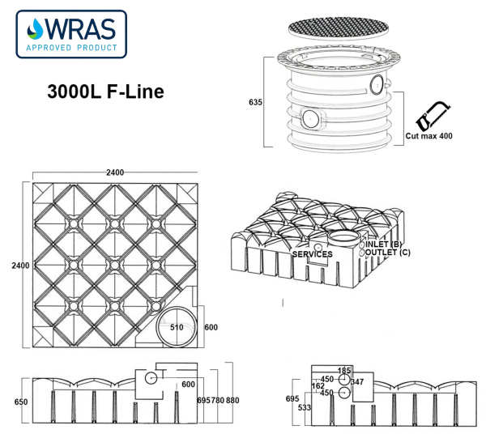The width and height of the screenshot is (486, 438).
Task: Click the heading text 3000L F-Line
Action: [105, 91]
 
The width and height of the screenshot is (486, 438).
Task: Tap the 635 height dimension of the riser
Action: [255, 102]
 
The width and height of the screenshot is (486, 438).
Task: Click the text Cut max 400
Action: [429, 135]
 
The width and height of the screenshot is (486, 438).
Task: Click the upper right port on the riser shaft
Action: [377, 84]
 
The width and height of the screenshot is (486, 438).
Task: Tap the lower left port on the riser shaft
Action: [310, 118]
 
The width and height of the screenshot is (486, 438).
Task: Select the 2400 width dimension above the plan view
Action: [115, 172]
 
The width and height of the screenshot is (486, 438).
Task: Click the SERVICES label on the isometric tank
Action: [313, 254]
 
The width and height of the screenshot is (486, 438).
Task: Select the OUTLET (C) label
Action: [386, 253]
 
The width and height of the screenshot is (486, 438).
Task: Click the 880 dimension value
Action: [232, 401]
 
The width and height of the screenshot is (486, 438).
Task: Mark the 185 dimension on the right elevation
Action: [344, 370]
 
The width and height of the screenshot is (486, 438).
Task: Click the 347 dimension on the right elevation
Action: [358, 381]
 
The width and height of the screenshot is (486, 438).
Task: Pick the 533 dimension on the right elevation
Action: [304, 407]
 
